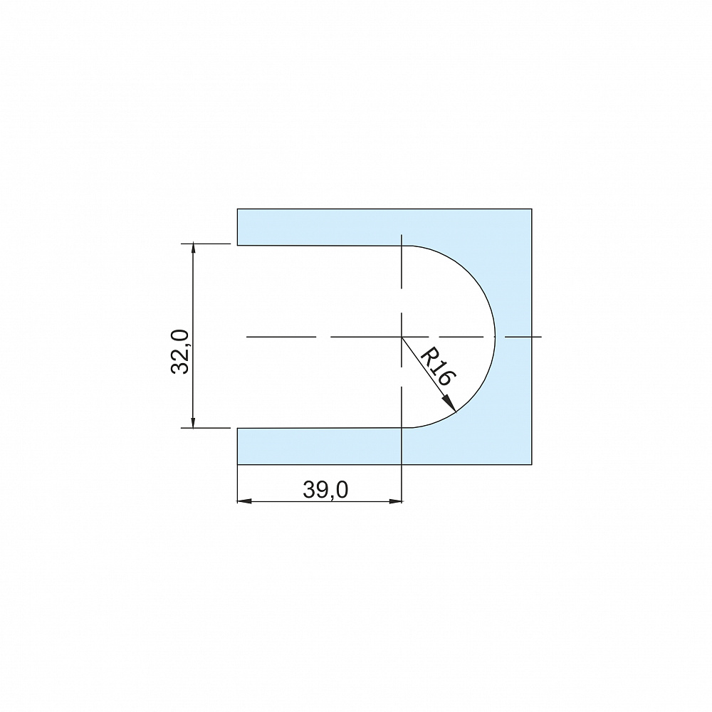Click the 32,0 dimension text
coord(180,352)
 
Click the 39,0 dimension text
coord(325,490)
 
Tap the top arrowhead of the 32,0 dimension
coord(194,250)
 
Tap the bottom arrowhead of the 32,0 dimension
coord(194,422)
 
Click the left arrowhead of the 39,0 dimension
coord(244,501)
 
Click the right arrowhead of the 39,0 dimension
coord(395,501)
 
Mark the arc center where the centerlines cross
coord(402,337)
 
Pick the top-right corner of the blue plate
coord(532,209)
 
